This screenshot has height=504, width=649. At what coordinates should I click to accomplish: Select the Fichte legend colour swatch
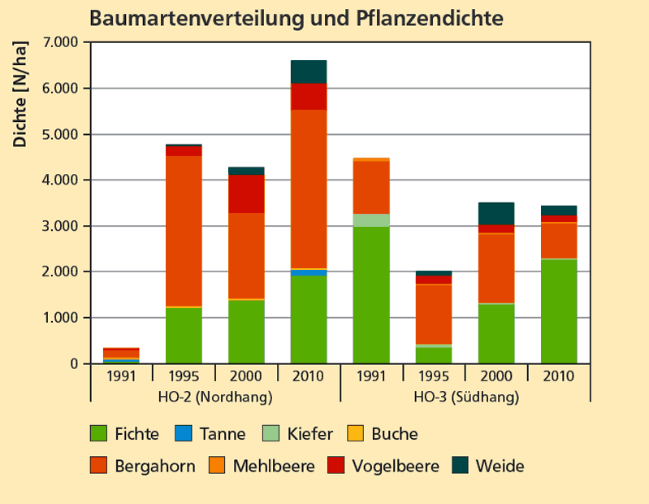point(98,433)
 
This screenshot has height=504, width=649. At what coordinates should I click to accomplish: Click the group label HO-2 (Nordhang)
point(214,398)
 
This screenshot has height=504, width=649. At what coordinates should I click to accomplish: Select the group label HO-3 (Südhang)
point(466,398)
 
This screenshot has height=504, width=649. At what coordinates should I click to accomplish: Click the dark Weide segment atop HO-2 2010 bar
point(309,72)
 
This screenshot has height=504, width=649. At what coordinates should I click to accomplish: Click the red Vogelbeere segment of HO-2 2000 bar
point(246,193)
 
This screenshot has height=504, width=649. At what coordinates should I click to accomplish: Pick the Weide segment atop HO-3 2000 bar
point(497,213)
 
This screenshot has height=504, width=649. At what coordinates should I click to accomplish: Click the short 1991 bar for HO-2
point(121,355)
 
